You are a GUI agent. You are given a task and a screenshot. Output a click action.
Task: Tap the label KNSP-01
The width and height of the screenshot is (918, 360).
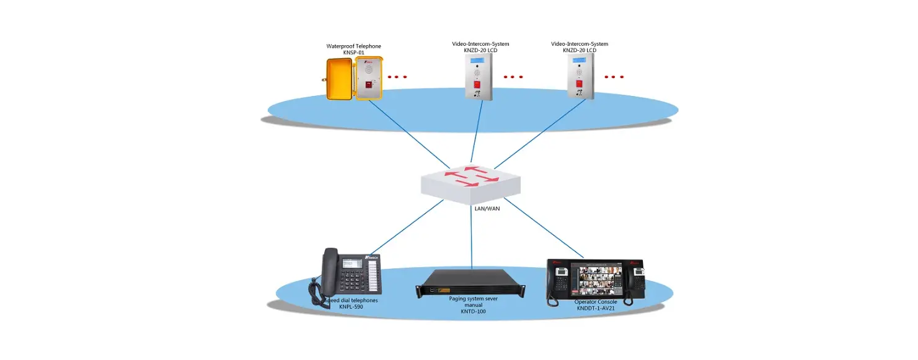coord(353,53)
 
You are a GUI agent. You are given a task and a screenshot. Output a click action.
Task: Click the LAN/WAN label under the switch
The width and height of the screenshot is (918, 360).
coord(483,208)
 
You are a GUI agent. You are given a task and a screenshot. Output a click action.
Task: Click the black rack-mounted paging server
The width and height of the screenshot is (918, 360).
coord(470,283)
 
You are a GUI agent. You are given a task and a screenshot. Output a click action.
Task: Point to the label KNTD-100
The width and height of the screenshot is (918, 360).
coord(473,312)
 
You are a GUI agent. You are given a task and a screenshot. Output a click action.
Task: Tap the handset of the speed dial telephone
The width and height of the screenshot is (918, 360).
coord(327,270)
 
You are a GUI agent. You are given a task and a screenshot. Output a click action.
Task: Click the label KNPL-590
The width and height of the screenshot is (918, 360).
coord(351,307)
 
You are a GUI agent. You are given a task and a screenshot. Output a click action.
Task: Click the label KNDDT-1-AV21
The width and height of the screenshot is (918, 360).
coord(595,308)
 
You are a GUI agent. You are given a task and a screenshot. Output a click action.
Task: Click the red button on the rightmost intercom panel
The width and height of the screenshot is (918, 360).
coord(580,83)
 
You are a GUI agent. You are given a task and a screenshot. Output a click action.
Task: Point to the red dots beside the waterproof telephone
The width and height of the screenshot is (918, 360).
coord(397,77)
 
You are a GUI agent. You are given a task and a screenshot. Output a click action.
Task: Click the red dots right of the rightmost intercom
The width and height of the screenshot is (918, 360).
coord(614,77)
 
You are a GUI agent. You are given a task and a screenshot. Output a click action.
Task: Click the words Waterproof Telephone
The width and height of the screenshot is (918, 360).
coord(353,46)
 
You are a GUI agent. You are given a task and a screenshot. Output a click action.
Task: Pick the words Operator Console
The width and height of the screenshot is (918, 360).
coord(595,302)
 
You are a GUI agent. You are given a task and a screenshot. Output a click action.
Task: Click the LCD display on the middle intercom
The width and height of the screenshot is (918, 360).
coord(477,60)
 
